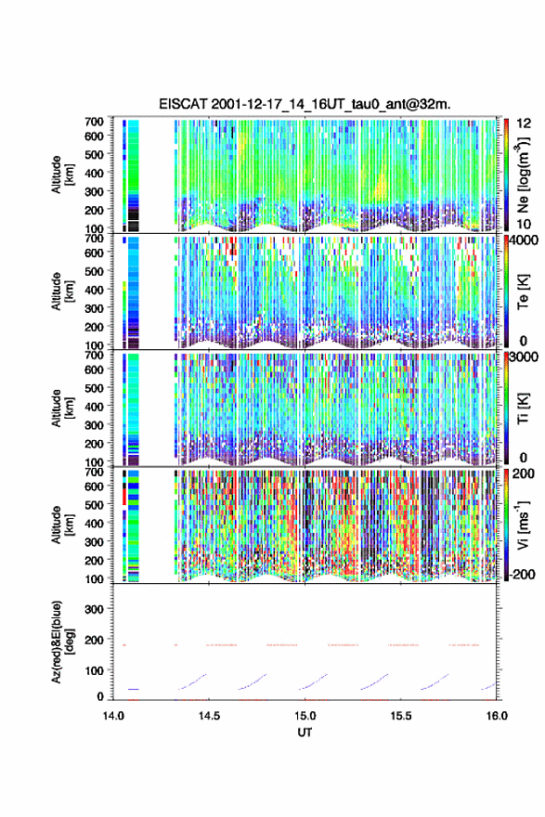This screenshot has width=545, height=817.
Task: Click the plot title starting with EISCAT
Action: [x=305, y=104]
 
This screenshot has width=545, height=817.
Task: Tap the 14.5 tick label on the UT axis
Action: [x=209, y=716]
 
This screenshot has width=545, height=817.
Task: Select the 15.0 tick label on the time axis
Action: [x=305, y=716]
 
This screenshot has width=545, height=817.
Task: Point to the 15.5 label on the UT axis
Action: [x=401, y=716]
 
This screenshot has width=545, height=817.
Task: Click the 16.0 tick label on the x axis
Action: [x=497, y=716]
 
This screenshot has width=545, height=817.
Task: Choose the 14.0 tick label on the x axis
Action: [x=113, y=716]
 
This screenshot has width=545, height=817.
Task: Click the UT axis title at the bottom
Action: [x=305, y=733]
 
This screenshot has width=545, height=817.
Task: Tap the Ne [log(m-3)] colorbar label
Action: [x=523, y=175]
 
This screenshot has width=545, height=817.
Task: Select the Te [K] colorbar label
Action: [x=523, y=292]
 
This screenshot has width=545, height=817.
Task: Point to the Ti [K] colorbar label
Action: [x=523, y=408]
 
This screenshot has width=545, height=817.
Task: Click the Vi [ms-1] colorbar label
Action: [x=523, y=525]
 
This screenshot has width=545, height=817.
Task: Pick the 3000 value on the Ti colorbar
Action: [x=523, y=357]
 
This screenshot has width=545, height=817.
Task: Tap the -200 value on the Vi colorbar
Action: [x=521, y=575]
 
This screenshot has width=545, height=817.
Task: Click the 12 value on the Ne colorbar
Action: [x=524, y=123]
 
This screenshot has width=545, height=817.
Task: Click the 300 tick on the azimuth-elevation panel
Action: [x=94, y=609]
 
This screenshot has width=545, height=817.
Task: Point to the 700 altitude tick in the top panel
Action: [x=94, y=122]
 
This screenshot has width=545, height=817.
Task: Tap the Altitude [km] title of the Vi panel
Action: [x=62, y=525]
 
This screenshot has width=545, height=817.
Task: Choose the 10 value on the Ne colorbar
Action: [x=524, y=225]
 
